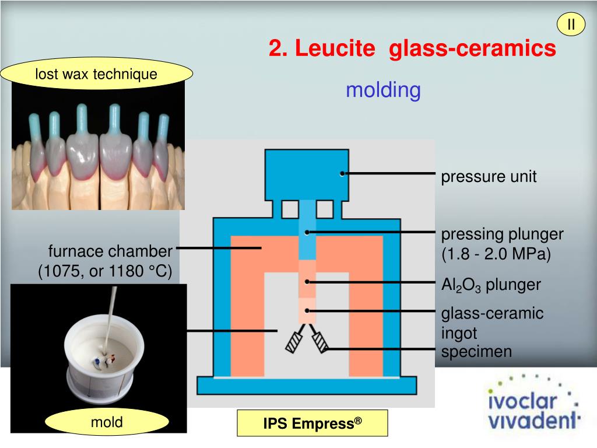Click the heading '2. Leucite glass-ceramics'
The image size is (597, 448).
pyautogui.click(x=412, y=49)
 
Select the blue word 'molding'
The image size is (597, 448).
pyautogui.click(x=382, y=90)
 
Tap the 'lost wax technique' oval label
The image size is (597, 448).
pyautogui.click(x=96, y=74)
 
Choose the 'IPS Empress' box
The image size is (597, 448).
pyautogui.click(x=312, y=423)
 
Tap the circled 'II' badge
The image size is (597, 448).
pyautogui.click(x=571, y=24)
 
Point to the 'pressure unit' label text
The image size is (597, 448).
pyautogui.click(x=488, y=177)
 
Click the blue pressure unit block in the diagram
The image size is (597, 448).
pyautogui.click(x=307, y=174)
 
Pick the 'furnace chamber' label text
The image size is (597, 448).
pyautogui.click(x=110, y=251)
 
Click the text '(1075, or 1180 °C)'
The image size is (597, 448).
pyautogui.click(x=105, y=272)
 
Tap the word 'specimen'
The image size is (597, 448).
pyautogui.click(x=476, y=352)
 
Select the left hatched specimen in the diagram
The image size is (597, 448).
pyautogui.click(x=294, y=342)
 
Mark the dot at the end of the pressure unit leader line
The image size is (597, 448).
pyautogui.click(x=343, y=173)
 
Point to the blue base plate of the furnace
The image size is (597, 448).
pyautogui.click(x=307, y=385)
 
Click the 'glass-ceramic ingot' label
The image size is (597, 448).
pyautogui.click(x=491, y=323)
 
